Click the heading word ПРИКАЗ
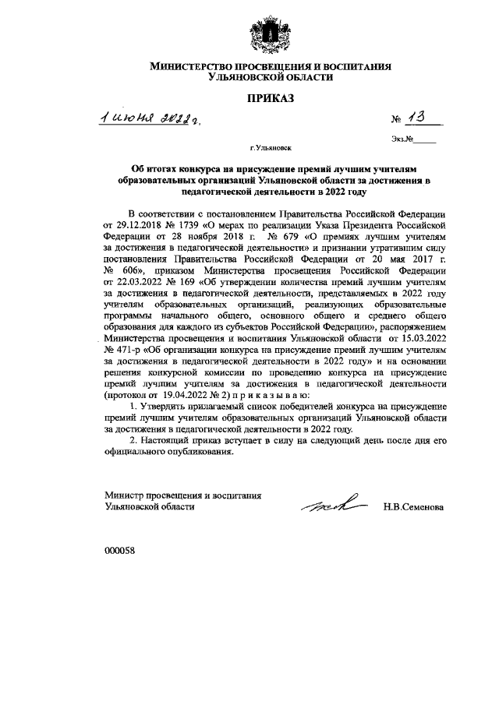tap(269, 99)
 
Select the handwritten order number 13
tap(419, 118)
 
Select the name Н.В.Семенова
tap(413, 506)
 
